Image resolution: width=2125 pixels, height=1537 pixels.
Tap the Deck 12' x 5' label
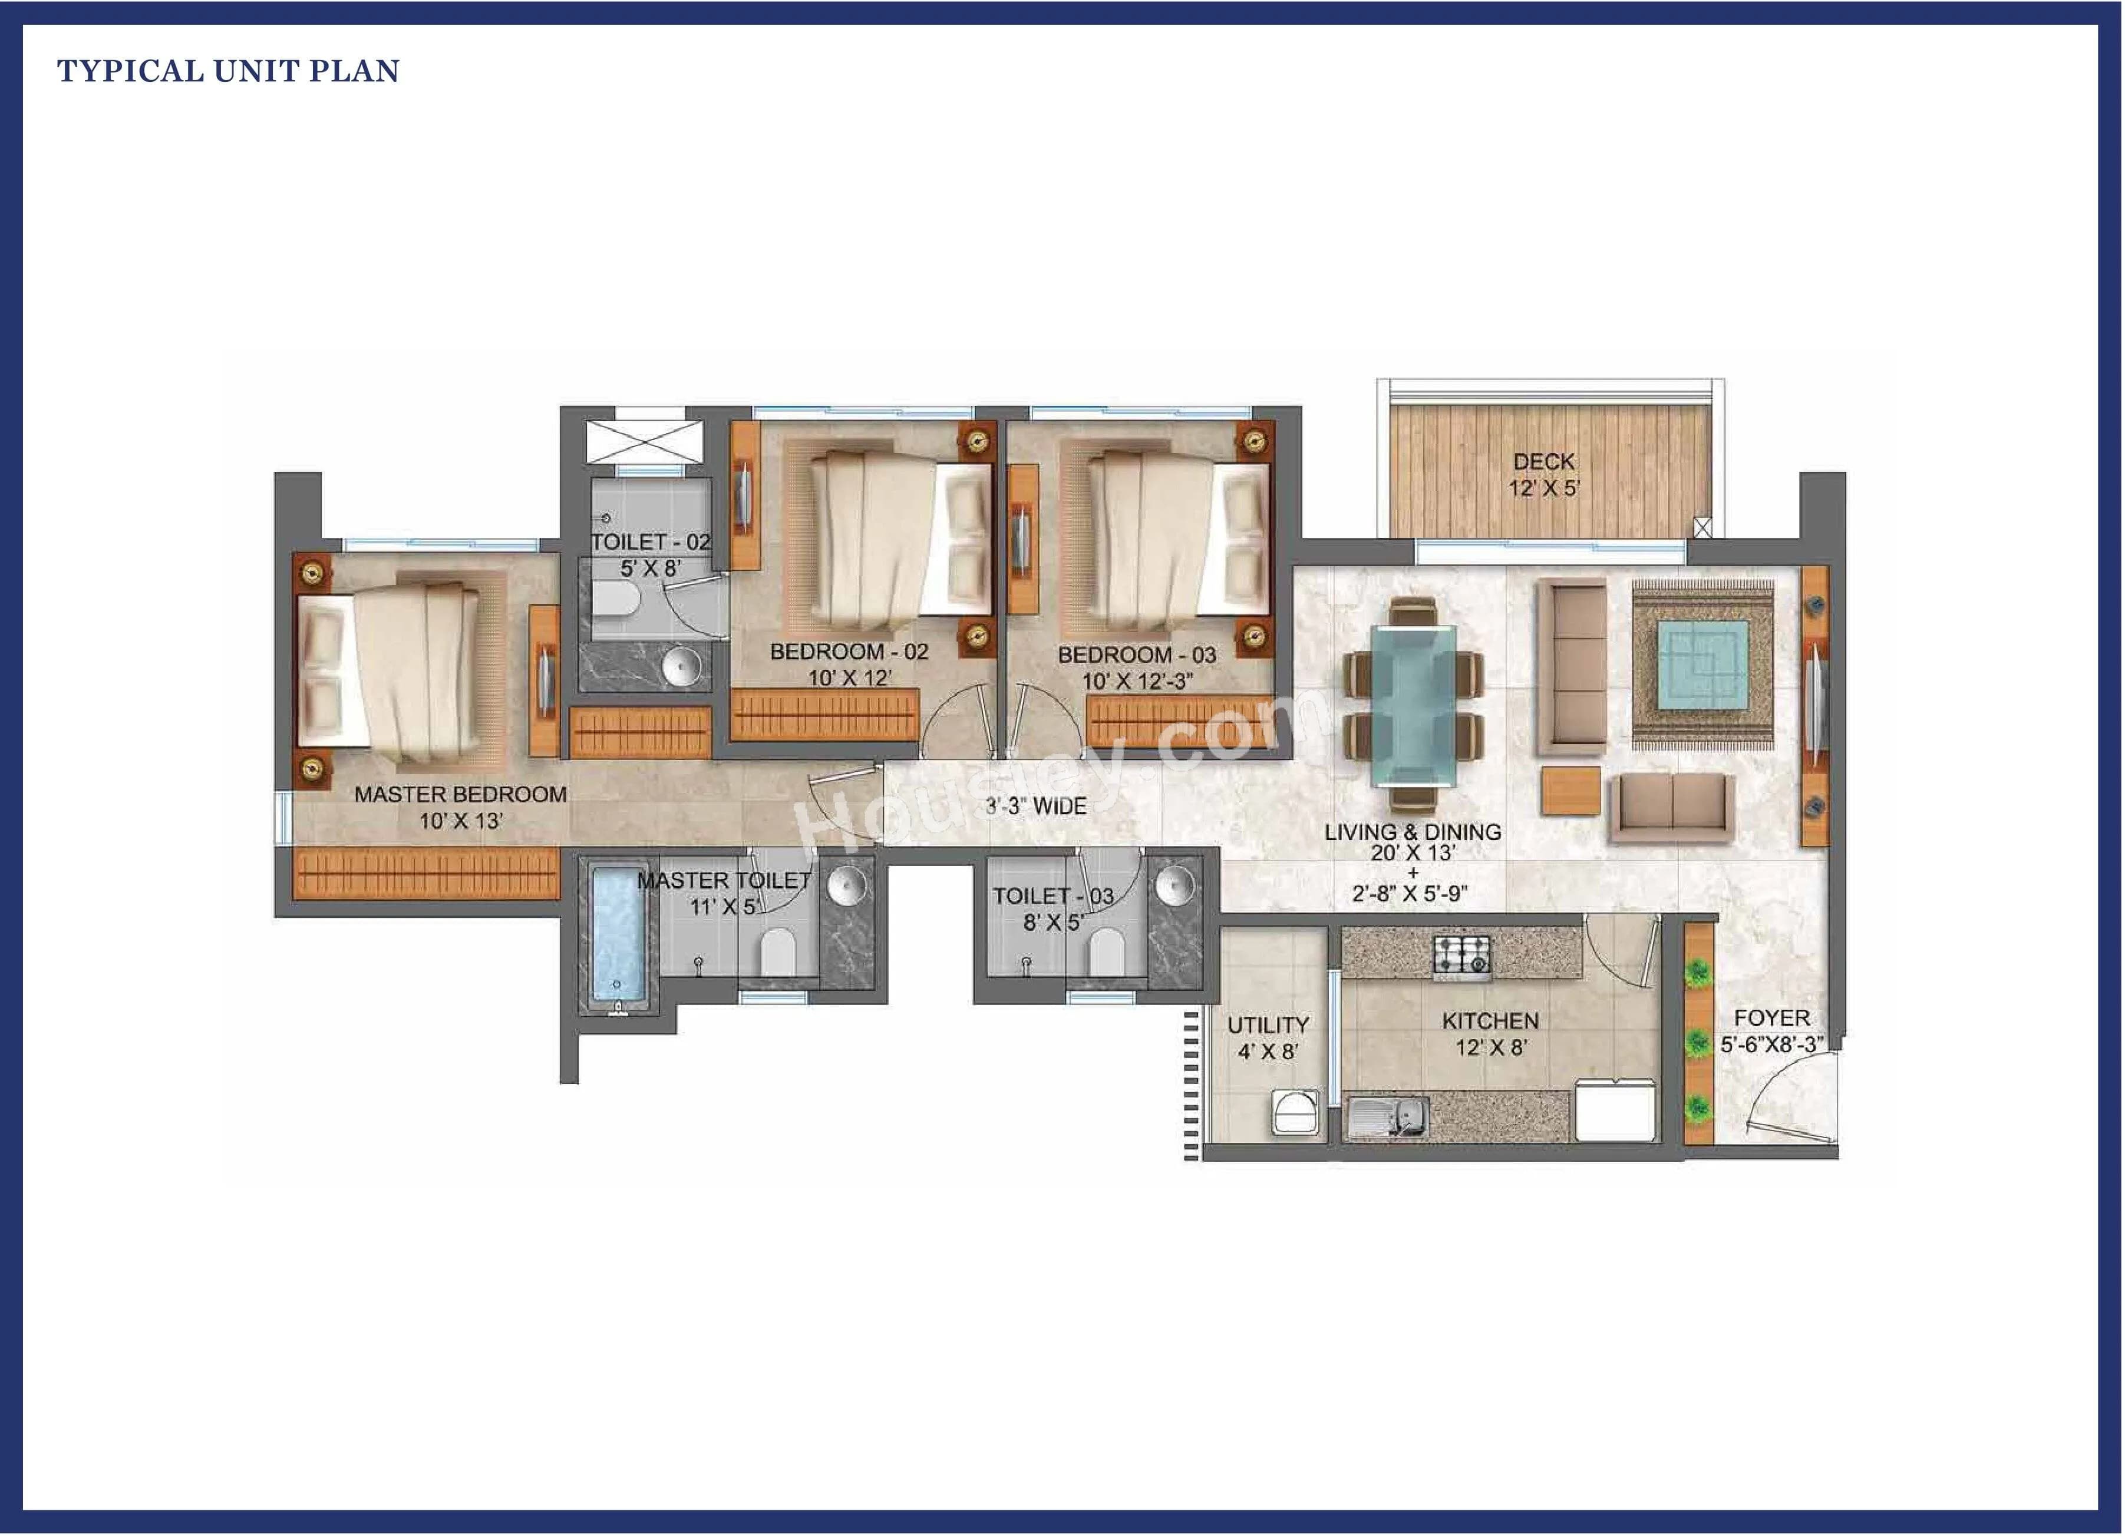[x=1543, y=474]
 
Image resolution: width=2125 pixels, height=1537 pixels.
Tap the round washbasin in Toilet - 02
[x=681, y=667]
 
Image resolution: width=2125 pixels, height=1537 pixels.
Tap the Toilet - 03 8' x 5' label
[x=1052, y=908]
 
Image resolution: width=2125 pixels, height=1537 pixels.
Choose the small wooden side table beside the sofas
[x=1571, y=791]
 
